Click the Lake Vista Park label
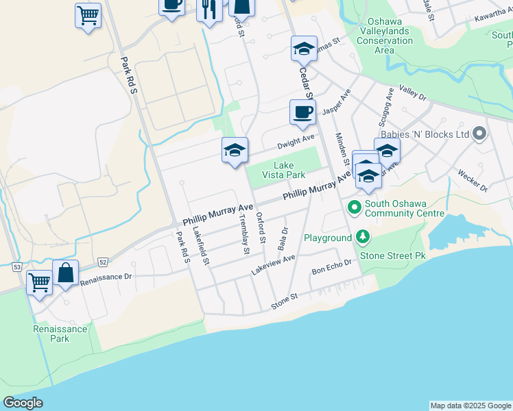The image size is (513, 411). coord(283,170)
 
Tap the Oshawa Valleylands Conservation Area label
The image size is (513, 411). coord(384,36)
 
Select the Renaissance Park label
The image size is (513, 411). coord(60,334)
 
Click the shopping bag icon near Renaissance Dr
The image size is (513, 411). coord(65,273)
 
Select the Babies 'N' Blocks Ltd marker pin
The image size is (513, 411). coord(479,134)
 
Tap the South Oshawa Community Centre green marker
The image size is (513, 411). coord(354,206)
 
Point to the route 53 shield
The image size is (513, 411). coord(17,266)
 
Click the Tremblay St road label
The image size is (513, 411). coord(243,233)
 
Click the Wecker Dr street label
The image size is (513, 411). coord(472,179)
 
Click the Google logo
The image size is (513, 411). coord(23,403)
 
